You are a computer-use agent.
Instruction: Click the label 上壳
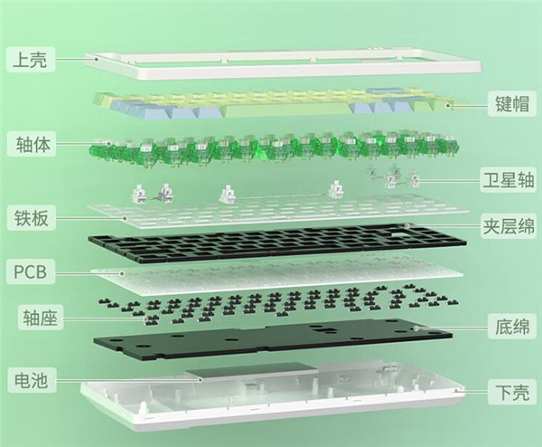coord(30,60)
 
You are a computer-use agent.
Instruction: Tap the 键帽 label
coord(512,103)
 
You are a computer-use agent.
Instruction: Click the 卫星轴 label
coord(509,180)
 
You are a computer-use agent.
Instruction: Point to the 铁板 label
coord(31,217)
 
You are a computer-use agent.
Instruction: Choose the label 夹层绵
coord(509,225)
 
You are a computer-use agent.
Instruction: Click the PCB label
coord(30,271)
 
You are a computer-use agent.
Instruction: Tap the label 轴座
coord(40,318)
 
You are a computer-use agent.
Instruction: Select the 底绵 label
coord(512,327)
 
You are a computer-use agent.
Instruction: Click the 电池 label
coord(31,380)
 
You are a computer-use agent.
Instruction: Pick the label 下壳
coord(512,393)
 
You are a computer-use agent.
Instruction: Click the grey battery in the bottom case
coord(251,372)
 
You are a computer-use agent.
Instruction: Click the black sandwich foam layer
coord(276,243)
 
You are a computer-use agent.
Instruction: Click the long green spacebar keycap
coord(287,110)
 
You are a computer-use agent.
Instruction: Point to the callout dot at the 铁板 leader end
coord(126,218)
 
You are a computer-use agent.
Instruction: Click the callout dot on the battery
coord(200,380)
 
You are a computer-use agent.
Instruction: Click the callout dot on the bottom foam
coord(416,328)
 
